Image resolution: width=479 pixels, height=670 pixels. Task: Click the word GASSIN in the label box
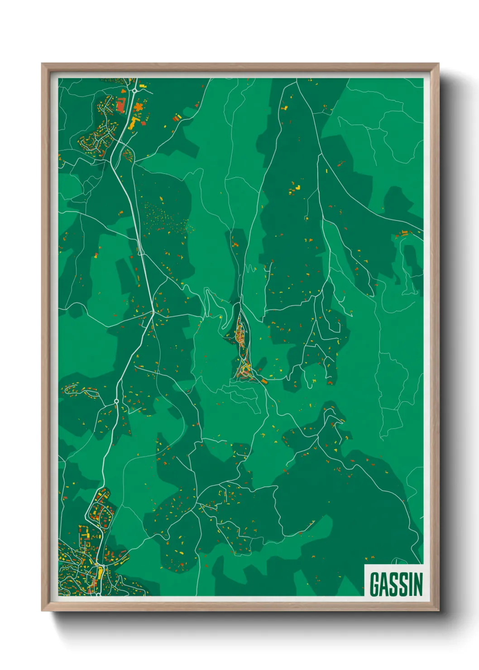(x=396, y=584)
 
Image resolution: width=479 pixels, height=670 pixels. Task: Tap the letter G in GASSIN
(x=375, y=584)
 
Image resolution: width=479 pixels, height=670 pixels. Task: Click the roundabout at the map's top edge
(x=134, y=91)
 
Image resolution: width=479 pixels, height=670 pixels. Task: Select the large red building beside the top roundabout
(x=120, y=105)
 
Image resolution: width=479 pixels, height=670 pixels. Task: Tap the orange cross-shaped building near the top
(x=138, y=108)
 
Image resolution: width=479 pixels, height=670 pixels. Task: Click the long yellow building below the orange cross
(x=134, y=123)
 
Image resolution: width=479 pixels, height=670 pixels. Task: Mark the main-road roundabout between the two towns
(x=116, y=401)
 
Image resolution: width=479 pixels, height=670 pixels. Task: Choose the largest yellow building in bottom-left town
(x=100, y=573)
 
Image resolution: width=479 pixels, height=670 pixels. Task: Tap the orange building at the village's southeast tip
(x=264, y=382)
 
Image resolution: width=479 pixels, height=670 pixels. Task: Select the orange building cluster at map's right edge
(x=403, y=234)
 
